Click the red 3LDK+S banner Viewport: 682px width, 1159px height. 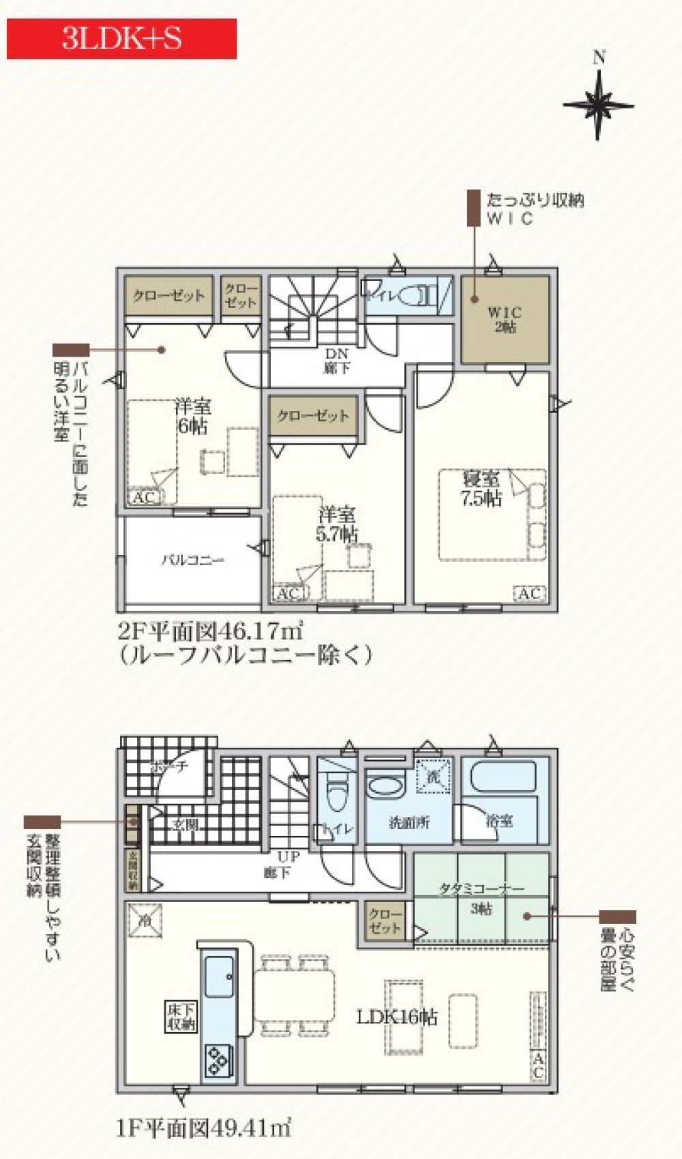click(121, 39)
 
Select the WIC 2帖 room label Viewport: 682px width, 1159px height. click(505, 320)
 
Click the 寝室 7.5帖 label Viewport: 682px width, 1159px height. click(481, 488)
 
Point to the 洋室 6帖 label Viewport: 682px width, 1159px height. click(192, 417)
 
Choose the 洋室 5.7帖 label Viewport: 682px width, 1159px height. click(336, 524)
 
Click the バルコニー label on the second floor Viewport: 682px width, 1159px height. click(192, 560)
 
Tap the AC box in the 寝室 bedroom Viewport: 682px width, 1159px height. click(530, 594)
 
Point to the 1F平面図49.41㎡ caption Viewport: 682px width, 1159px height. click(203, 1129)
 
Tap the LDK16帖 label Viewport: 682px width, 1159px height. click(397, 1017)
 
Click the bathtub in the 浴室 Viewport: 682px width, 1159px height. click(503, 778)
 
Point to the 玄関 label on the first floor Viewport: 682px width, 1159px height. click(184, 825)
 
